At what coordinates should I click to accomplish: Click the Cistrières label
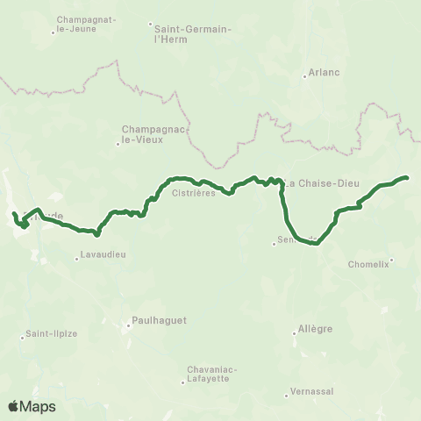pos(194,193)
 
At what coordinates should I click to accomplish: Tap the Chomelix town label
pos(368,263)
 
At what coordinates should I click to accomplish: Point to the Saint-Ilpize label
pos(49,333)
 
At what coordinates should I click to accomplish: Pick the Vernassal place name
pos(314,391)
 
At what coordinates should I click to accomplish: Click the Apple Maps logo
pos(32,406)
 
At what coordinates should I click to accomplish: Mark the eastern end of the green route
pos(408,177)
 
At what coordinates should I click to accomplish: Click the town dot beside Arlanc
pos(304,76)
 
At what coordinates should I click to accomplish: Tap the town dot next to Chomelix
pos(391,259)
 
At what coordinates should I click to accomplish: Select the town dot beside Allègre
pos(295,332)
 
